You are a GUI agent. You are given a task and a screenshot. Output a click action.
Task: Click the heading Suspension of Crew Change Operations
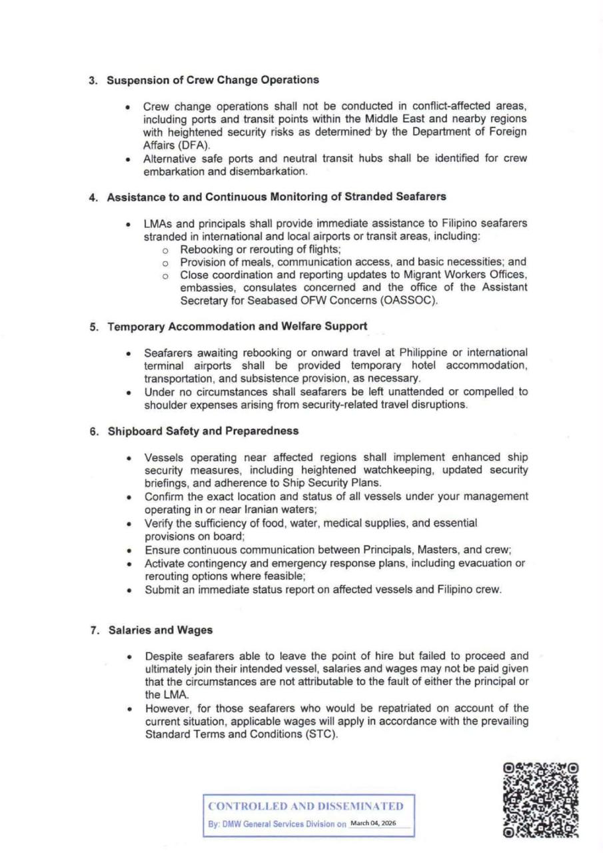point(209,81)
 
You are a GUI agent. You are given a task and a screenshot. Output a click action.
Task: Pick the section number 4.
point(93,197)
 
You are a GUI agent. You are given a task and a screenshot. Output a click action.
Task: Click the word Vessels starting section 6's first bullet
point(163,456)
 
